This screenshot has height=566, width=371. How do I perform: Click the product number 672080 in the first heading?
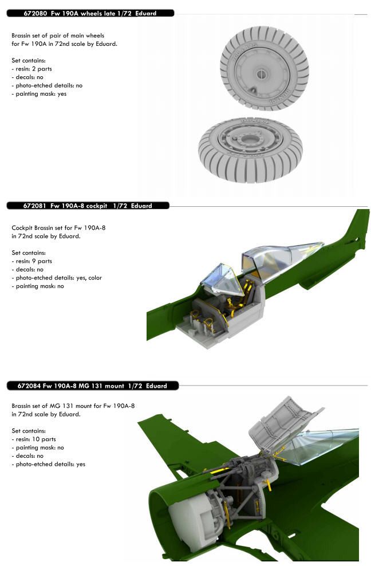tap(35, 13)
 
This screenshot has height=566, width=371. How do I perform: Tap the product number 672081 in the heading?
tap(35, 206)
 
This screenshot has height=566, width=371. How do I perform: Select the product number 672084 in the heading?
tap(29, 386)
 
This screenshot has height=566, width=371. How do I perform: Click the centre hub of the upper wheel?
tap(262, 74)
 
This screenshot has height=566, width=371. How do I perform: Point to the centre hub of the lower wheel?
tap(249, 139)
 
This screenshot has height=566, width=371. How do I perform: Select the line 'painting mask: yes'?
tap(39, 94)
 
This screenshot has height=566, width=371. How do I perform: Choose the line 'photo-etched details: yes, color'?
tap(57, 278)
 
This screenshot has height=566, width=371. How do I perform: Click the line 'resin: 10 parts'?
tap(34, 439)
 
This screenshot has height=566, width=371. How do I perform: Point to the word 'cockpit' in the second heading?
tap(97, 206)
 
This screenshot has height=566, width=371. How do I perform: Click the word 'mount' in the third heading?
tap(115, 386)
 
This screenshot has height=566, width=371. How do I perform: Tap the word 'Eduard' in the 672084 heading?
tap(157, 386)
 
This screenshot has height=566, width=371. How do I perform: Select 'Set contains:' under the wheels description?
tap(29, 61)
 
